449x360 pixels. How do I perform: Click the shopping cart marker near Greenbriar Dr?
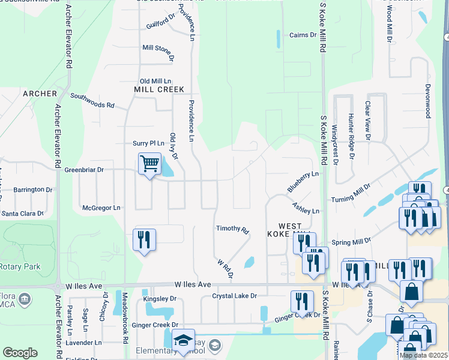tap(149, 163)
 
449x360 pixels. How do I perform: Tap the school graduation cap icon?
tap(183, 340)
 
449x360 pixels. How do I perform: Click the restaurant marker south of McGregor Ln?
tap(144, 240)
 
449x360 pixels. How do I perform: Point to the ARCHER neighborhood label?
tap(40, 94)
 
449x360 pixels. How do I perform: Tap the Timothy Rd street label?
tap(232, 229)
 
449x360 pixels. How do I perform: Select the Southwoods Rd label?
tap(92, 100)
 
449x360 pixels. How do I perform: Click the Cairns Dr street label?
tap(303, 35)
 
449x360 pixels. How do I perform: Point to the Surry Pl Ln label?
tap(148, 143)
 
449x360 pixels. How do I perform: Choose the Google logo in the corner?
tap(20, 353)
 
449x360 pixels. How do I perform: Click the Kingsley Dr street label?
tap(160, 298)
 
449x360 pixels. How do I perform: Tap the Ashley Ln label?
tap(306, 208)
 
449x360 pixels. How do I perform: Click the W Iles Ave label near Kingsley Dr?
tap(193, 284)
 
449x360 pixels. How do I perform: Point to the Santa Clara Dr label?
tap(23, 213)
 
